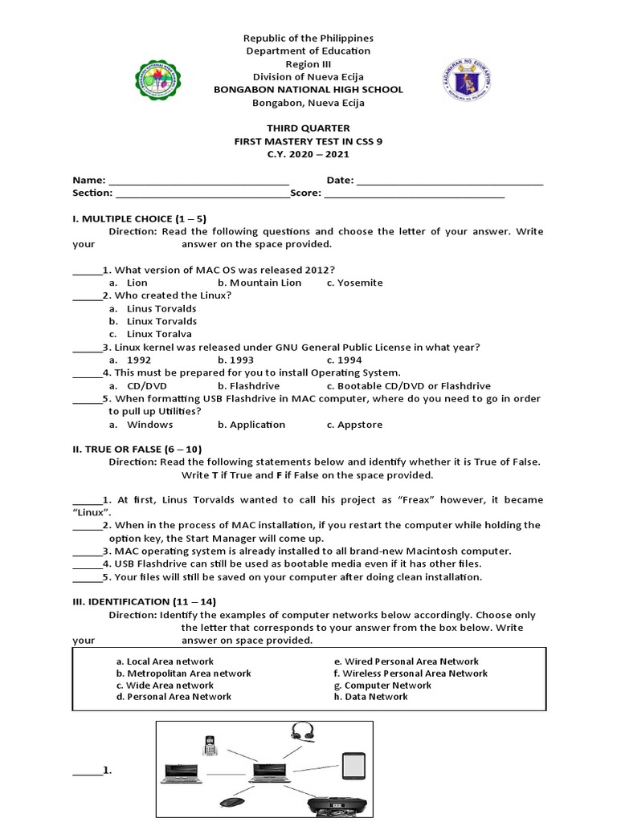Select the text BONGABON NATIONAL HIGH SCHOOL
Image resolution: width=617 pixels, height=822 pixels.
point(308,90)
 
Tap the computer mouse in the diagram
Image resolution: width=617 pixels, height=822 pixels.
point(231,801)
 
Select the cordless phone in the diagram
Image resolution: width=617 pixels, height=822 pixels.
point(210,746)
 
